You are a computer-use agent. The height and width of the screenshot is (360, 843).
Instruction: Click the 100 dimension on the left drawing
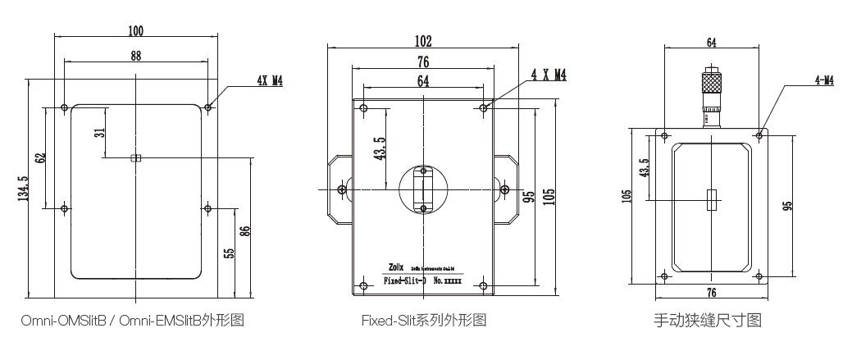tap(136, 31)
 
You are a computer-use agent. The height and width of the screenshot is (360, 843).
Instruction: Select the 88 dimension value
tap(136, 56)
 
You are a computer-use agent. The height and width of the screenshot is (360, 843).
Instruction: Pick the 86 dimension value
tap(244, 230)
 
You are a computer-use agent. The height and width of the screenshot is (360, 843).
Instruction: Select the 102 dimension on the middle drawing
tap(422, 41)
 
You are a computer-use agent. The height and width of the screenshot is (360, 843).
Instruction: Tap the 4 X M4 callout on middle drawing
tap(548, 75)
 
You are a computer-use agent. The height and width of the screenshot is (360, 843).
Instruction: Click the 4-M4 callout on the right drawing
tap(822, 80)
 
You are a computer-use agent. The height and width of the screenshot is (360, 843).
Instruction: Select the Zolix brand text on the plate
tap(395, 267)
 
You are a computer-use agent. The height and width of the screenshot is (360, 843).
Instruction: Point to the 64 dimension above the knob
tap(711, 42)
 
